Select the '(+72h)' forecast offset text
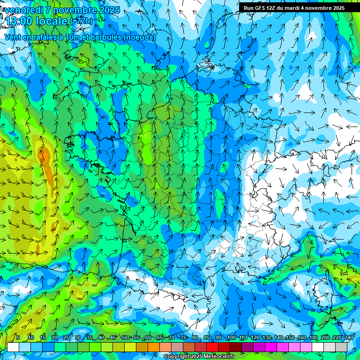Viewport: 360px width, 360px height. click(x=81, y=21)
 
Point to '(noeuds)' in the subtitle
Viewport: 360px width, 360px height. click(x=140, y=37)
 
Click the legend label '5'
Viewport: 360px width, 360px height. click(x=18, y=338)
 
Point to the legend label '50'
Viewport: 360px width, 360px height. click(x=124, y=338)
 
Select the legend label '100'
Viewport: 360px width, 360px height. click(x=231, y=338)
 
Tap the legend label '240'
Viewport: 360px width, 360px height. click(x=348, y=338)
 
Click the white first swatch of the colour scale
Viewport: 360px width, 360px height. click(x=13, y=347)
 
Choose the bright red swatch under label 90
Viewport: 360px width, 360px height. click(x=212, y=347)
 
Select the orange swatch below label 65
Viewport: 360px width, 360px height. click(x=154, y=347)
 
